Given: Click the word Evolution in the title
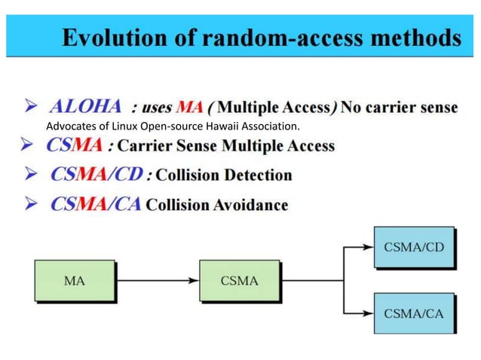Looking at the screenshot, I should click(108, 37).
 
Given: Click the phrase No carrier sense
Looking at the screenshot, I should click(399, 107).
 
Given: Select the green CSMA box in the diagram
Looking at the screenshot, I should click(240, 282).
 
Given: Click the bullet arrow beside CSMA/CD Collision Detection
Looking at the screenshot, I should click(32, 175).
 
